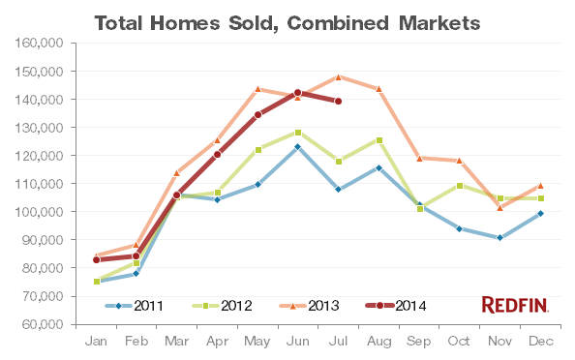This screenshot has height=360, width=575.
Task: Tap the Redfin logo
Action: [515, 305]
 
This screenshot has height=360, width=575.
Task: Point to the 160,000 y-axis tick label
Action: [42, 43]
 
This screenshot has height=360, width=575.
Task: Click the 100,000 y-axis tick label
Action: [42, 211]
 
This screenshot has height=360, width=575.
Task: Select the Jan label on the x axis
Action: [96, 342]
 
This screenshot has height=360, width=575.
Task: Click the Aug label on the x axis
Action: [378, 342]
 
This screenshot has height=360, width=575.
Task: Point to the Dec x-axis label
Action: [540, 342]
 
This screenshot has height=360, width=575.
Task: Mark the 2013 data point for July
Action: [338, 76]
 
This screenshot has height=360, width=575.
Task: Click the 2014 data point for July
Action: [338, 101]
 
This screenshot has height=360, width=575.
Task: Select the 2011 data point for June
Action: [298, 146]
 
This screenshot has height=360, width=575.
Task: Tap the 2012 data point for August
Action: [378, 140]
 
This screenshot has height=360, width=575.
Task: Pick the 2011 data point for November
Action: [499, 237]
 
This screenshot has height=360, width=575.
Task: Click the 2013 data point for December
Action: [540, 186]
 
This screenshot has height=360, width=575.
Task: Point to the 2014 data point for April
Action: [217, 155]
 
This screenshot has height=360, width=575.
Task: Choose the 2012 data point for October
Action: [459, 185]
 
